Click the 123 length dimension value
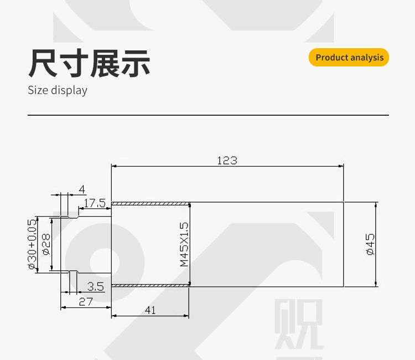pos(227,161)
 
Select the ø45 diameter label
pos(370,244)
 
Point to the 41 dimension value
pos(150,310)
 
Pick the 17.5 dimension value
pos(95,203)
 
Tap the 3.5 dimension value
pos(96,286)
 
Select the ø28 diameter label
pos(46,244)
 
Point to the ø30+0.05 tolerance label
pos(32,244)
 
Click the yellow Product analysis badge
pos(349,58)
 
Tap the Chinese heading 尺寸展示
pos(90,63)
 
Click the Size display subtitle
pos(58,90)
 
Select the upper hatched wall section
pos(151,204)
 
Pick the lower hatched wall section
pos(151,285)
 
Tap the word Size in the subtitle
pos(38,90)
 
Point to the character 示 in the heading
pos(136,63)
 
